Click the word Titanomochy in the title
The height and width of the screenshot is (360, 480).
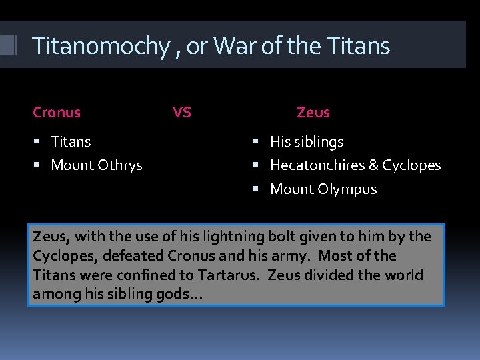click(x=100, y=47)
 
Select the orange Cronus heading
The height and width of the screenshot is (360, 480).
click(x=57, y=113)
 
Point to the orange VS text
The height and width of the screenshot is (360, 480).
click(x=181, y=113)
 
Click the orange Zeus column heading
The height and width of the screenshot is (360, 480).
click(x=313, y=113)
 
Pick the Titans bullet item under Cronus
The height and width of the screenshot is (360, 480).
click(x=71, y=142)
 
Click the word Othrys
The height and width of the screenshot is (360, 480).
click(x=119, y=165)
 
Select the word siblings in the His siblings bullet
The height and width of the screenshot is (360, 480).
click(x=318, y=142)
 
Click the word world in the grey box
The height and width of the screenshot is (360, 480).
click(x=403, y=275)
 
